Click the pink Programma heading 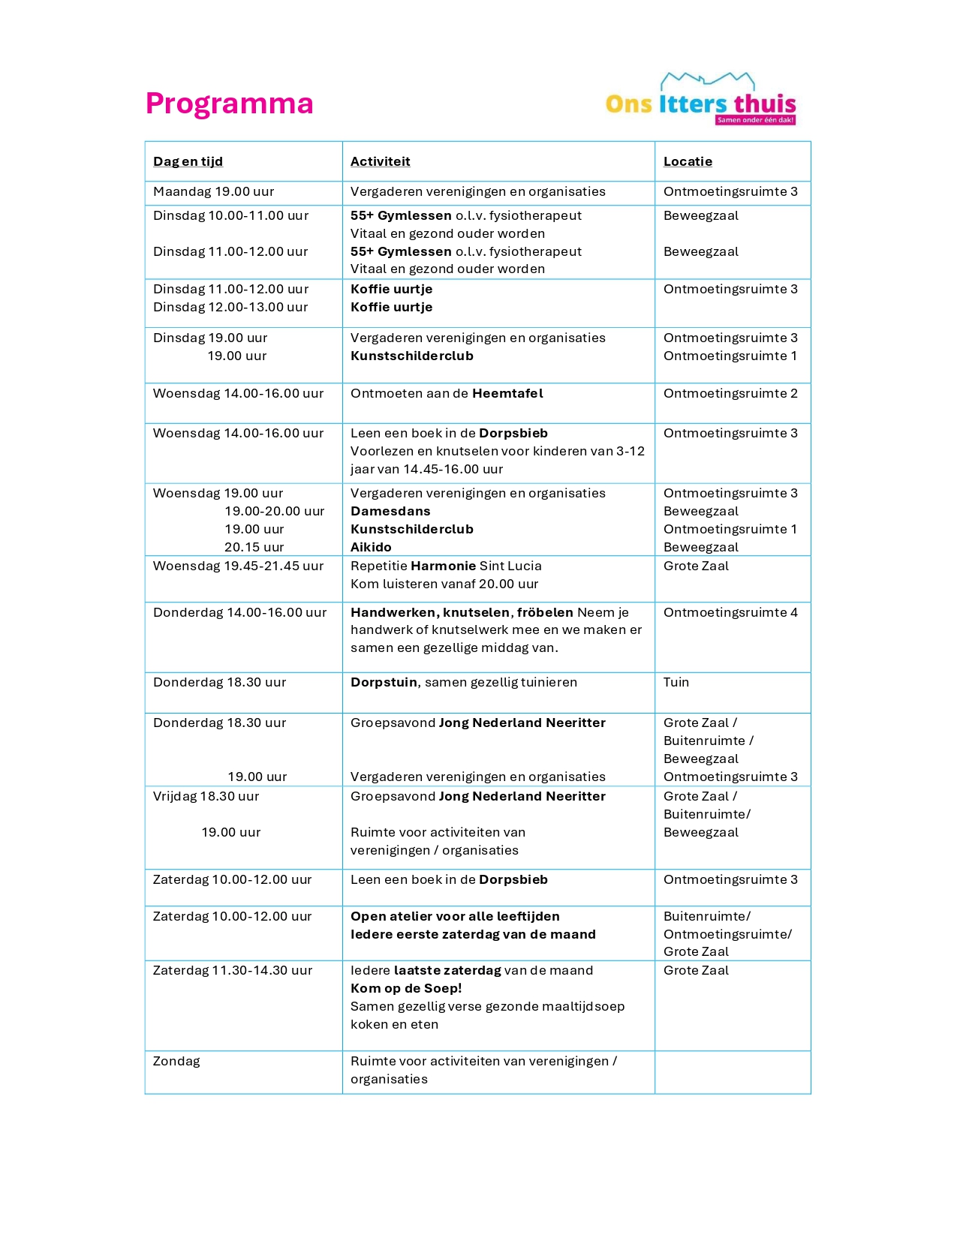tap(229, 104)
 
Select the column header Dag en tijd tap(188, 161)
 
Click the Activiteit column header tap(380, 161)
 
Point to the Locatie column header tap(688, 161)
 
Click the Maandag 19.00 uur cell tap(213, 191)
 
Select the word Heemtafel tap(507, 393)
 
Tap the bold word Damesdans tap(390, 511)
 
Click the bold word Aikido tap(371, 547)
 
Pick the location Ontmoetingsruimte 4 tap(730, 612)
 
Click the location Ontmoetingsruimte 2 tap(730, 393)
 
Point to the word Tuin tap(676, 682)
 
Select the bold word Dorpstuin tap(384, 682)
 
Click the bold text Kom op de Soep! tap(406, 988)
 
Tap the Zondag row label tap(176, 1061)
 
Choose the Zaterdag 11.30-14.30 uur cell tap(233, 970)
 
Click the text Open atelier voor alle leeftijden tap(455, 916)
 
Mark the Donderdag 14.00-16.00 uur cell tap(239, 612)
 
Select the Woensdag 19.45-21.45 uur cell tap(238, 566)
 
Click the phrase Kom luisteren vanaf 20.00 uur tap(444, 584)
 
